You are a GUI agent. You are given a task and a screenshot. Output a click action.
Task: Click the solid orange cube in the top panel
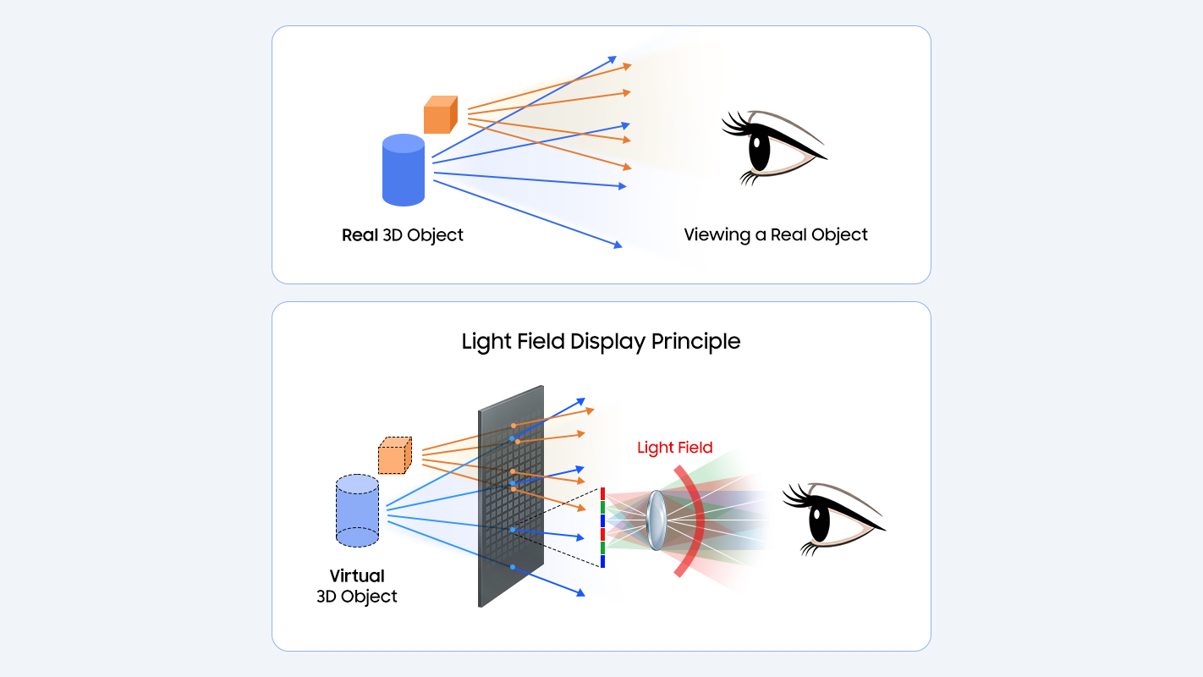click(x=439, y=116)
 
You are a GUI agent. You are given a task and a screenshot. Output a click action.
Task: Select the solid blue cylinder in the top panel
click(x=404, y=171)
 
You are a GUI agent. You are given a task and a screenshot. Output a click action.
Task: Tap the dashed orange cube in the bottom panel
click(x=393, y=456)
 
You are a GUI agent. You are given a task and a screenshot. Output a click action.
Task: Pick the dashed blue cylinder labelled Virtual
click(x=357, y=509)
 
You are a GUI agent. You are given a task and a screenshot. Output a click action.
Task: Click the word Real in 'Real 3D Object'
click(x=360, y=235)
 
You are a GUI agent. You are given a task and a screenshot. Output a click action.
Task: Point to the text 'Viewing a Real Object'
click(x=776, y=235)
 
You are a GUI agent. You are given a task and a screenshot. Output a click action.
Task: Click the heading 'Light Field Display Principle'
click(x=601, y=342)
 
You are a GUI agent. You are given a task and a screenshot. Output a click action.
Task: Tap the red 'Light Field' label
click(x=674, y=448)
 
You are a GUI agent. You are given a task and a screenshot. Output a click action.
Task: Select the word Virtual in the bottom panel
click(x=357, y=575)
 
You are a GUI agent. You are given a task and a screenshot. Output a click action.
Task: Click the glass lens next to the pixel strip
click(x=656, y=520)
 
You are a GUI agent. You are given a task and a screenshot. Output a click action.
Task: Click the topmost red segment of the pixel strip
click(x=602, y=493)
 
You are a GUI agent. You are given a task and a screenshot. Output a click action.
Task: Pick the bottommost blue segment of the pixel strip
click(x=602, y=561)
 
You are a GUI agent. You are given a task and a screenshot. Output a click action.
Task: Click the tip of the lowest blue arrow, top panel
click(x=620, y=246)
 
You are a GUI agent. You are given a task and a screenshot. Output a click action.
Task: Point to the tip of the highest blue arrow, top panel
click(x=615, y=58)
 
